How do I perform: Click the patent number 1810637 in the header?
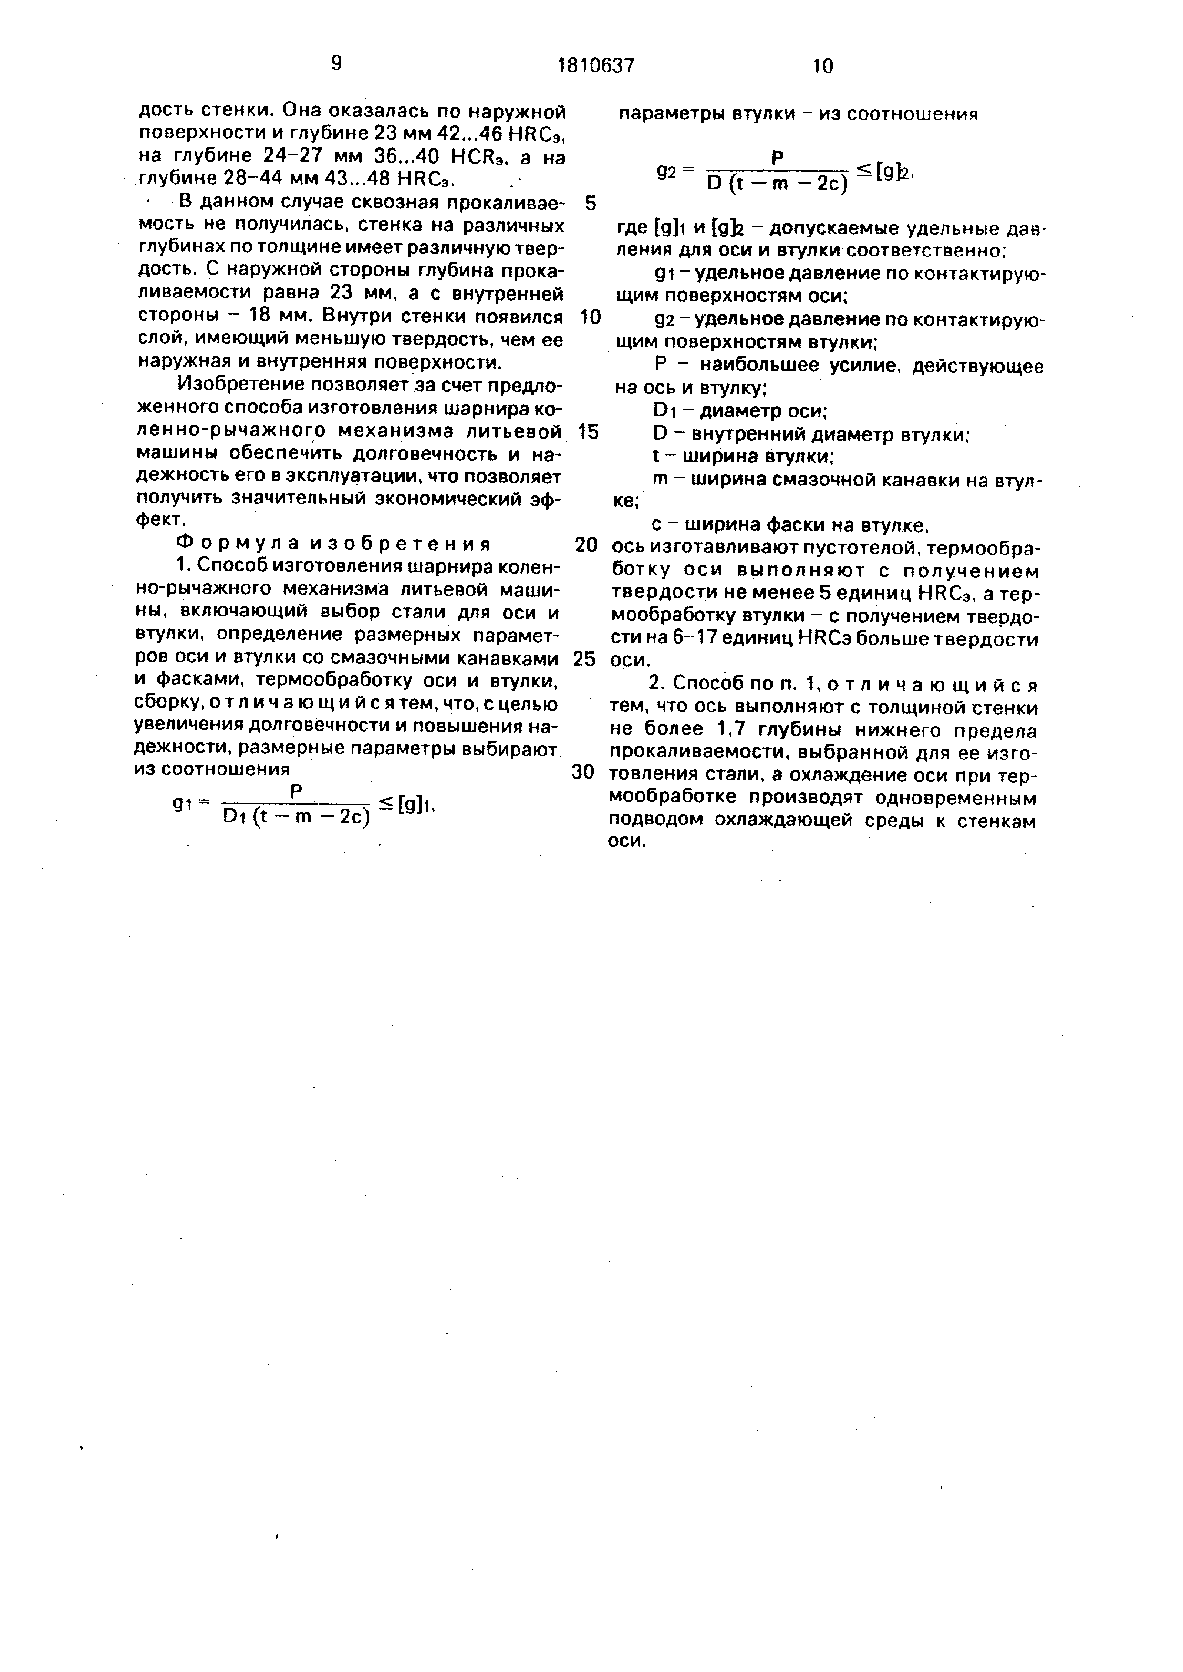pyautogui.click(x=596, y=66)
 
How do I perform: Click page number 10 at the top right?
pyautogui.click(x=822, y=66)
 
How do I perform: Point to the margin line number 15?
pyautogui.click(x=587, y=432)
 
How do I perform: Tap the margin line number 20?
pyautogui.click(x=586, y=545)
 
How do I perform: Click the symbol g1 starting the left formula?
pyautogui.click(x=181, y=803)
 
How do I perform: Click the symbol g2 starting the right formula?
pyautogui.click(x=666, y=171)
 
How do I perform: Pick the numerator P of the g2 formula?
pyautogui.click(x=777, y=156)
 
